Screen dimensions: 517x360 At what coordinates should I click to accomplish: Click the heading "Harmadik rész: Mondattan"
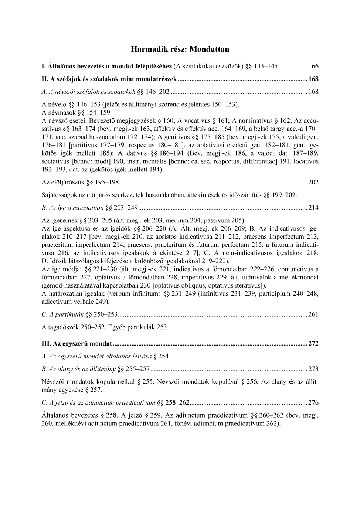coord(180,49)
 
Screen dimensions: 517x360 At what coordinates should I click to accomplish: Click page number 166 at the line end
coord(313,67)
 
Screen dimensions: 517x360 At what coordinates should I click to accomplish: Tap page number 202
coord(313,182)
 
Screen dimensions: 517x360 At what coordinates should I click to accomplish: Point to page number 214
coord(313,208)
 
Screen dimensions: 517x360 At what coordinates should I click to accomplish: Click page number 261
coord(313,314)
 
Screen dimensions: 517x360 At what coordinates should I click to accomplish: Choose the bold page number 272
coord(313,344)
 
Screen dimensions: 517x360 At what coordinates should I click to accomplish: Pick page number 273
coord(313,369)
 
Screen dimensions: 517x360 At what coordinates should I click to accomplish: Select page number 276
coord(313,402)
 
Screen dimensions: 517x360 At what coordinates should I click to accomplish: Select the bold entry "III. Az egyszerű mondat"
coord(77,344)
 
